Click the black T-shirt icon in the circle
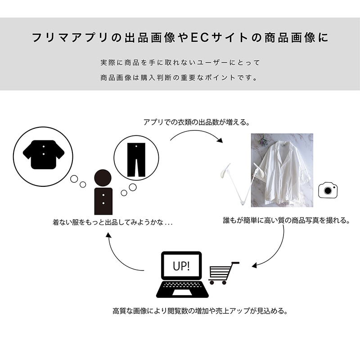point(44,154)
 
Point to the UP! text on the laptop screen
point(181,265)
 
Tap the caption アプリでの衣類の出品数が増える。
point(197,122)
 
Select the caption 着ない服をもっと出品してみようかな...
point(112,222)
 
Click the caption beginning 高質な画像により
point(200,311)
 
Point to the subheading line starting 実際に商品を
point(180,62)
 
